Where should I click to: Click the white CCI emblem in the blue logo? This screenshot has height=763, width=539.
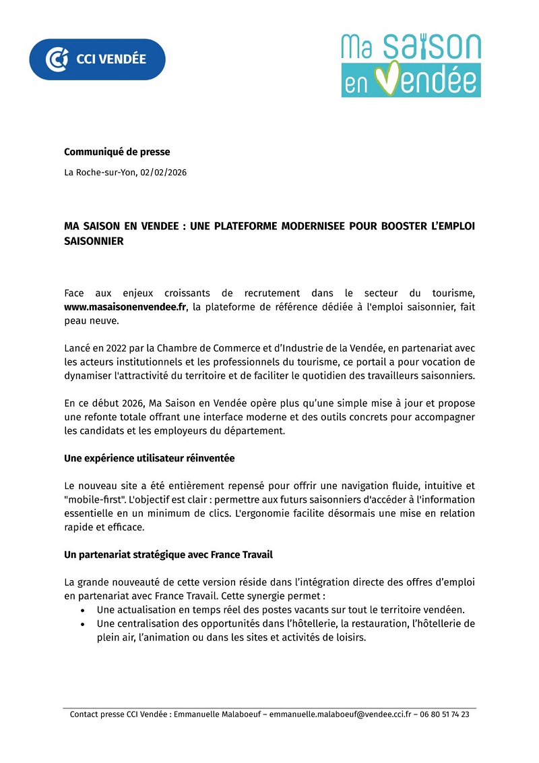pos(57,59)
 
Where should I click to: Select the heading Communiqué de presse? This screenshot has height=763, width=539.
pos(117,152)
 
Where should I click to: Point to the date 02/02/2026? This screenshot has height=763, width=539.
pos(164,172)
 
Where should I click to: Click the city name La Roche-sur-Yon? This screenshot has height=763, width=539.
pos(100,172)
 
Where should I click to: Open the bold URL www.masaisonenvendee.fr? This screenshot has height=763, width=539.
pos(125,307)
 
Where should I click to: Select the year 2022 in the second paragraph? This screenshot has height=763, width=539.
pos(117,348)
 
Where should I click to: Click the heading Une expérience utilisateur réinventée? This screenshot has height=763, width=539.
pos(150,458)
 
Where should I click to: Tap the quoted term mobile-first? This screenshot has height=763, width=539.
pos(94,499)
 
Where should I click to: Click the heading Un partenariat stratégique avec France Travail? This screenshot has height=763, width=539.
pos(168,555)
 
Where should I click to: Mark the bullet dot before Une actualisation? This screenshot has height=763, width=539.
pos(82,610)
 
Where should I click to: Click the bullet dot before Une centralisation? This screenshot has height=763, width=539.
pos(82,624)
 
